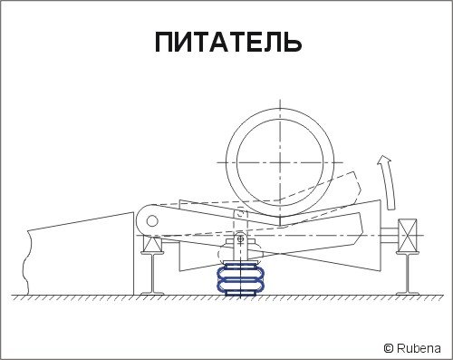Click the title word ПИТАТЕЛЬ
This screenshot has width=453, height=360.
click(x=228, y=42)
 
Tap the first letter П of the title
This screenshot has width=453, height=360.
click(x=164, y=42)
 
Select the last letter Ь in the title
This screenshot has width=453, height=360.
click(x=293, y=42)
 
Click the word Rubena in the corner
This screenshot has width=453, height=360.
click(x=419, y=348)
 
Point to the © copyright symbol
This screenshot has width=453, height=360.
click(x=389, y=348)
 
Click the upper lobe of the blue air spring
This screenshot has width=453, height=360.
click(x=241, y=272)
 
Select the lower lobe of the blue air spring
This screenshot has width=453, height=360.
click(x=241, y=286)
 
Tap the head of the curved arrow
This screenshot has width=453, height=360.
click(x=383, y=160)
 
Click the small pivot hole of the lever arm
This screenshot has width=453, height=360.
click(x=152, y=221)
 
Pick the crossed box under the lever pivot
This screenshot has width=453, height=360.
click(x=152, y=244)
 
